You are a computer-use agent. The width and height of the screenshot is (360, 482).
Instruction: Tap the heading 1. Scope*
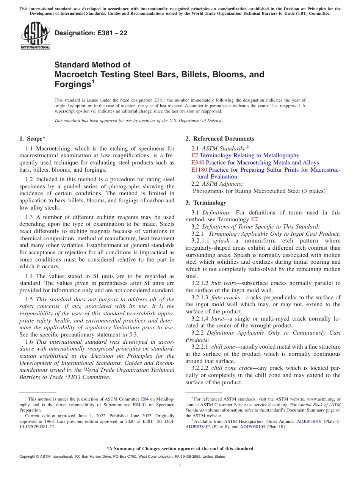click(x=33, y=139)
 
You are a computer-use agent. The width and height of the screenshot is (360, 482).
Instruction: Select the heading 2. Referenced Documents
click(x=219, y=139)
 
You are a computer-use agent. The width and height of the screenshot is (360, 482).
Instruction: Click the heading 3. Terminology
click(x=206, y=203)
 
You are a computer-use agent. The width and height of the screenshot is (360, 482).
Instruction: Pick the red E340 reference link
click(x=198, y=163)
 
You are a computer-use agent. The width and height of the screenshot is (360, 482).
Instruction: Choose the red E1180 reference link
click(x=199, y=170)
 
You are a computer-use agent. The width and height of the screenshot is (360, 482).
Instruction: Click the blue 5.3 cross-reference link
click(x=133, y=335)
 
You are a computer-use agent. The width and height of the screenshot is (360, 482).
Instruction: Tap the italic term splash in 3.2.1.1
click(x=221, y=241)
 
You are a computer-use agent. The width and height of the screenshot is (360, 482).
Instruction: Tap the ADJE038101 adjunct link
click(x=309, y=421)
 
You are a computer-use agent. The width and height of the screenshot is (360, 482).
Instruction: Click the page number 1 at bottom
click(x=180, y=466)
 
